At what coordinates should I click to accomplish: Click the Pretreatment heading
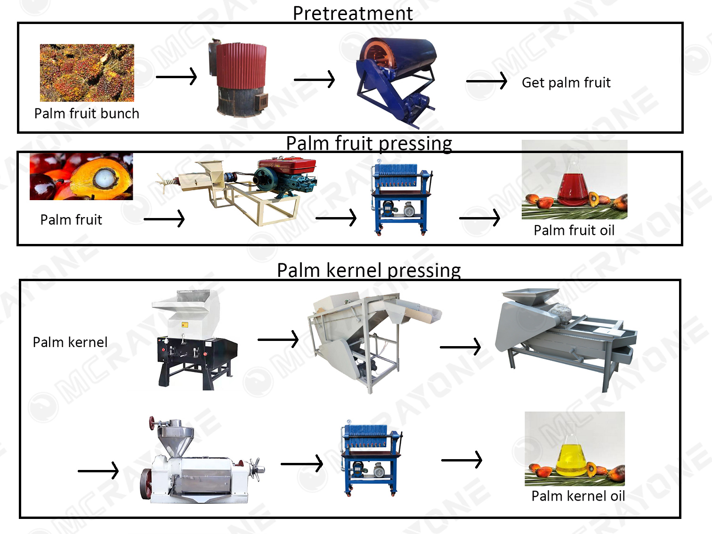pyautogui.click(x=352, y=13)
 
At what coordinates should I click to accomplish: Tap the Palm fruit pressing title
pyautogui.click(x=369, y=143)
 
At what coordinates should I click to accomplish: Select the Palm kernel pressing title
pyautogui.click(x=369, y=270)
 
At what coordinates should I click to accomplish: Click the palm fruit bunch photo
pyautogui.click(x=87, y=73)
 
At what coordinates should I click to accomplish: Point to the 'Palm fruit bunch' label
pyautogui.click(x=87, y=113)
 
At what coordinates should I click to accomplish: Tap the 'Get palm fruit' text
pyautogui.click(x=566, y=83)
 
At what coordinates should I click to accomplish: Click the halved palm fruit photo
pyautogui.click(x=81, y=177)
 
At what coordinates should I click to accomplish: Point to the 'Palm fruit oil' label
pyautogui.click(x=574, y=230)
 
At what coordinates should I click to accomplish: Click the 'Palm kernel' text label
pyautogui.click(x=70, y=342)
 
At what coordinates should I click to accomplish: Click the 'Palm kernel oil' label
pyautogui.click(x=578, y=496)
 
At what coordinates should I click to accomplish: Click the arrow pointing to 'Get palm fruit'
pyautogui.click(x=486, y=81)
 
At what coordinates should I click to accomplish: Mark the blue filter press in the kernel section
pyautogui.click(x=370, y=459)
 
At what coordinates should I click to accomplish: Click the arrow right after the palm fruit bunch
pyautogui.click(x=176, y=76)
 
